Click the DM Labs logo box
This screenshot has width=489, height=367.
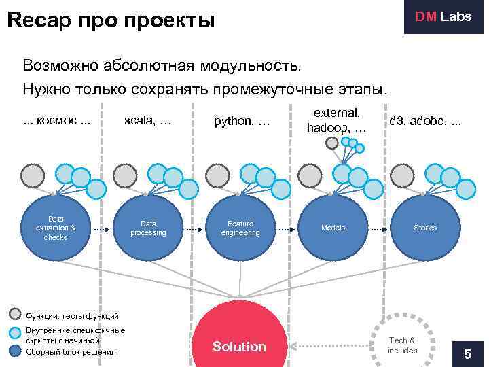443,17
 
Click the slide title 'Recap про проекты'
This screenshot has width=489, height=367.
111,21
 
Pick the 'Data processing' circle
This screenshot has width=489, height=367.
148,228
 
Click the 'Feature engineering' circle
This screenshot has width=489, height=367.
240,228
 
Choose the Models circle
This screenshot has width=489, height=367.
333,228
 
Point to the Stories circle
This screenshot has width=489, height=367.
425,228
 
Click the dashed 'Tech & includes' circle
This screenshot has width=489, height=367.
403,343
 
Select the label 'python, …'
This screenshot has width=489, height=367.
242,122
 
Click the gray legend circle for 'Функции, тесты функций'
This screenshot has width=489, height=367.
16,315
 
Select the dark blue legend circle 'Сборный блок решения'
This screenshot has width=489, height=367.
16,351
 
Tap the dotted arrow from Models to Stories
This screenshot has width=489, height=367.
379,228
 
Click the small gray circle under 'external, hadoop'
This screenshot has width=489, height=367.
331,143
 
